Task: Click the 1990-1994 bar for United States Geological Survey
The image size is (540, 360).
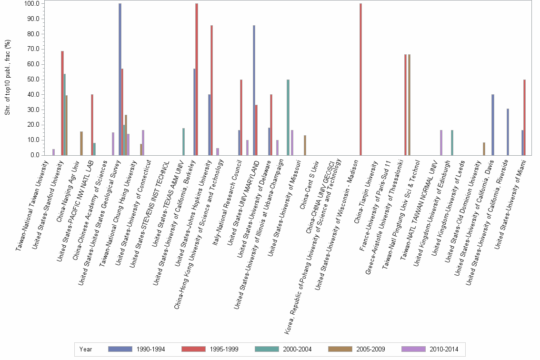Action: click(120, 79)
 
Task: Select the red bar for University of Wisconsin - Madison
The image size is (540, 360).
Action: click(360, 79)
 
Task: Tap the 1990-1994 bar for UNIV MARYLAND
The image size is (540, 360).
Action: click(254, 90)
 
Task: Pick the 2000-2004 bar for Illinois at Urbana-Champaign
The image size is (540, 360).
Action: click(288, 117)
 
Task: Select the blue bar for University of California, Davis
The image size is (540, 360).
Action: click(493, 125)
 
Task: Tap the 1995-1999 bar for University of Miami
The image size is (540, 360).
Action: click(524, 117)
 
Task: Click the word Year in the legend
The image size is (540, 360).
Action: click(86, 349)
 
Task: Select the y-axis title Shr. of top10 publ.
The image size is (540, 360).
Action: click(7, 79)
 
